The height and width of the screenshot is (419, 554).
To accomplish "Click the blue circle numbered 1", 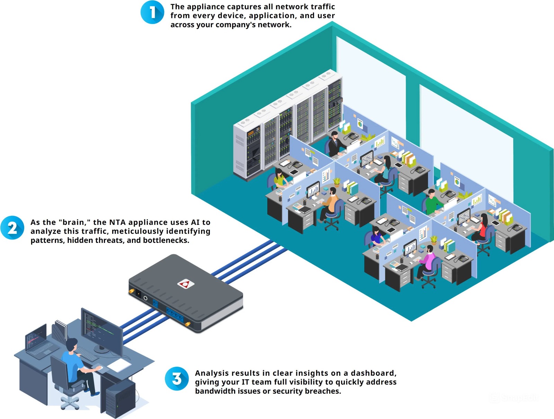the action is [x=152, y=12].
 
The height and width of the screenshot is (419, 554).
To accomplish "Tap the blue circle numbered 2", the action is [x=12, y=228].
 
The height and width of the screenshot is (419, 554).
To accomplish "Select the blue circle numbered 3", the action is [x=177, y=379].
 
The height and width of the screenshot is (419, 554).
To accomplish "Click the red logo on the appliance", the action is [x=186, y=284].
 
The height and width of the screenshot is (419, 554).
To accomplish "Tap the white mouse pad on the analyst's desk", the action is [x=119, y=365].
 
